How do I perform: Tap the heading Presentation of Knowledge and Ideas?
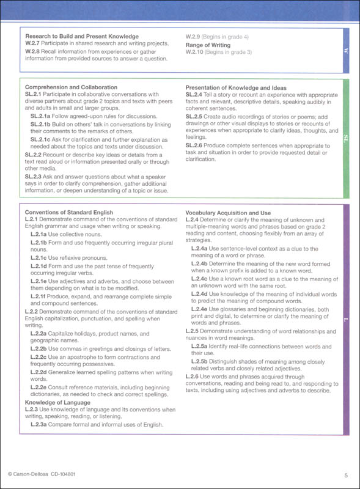236,87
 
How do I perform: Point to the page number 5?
346,475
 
